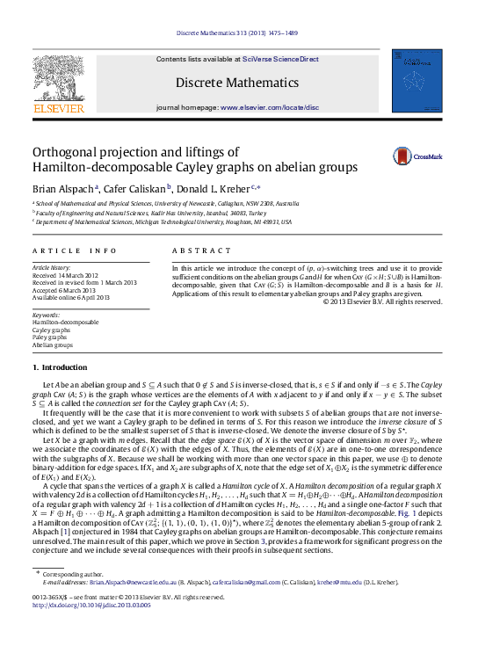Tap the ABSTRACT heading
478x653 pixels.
click(x=194, y=250)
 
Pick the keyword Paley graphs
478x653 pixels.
click(x=49, y=337)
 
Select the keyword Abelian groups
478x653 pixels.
click(x=52, y=345)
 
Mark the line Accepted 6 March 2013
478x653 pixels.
click(x=65, y=290)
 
